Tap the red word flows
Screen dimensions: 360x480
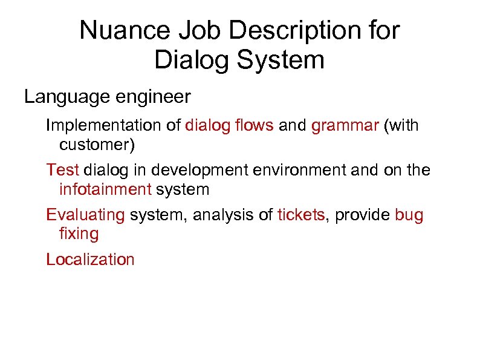point(253,126)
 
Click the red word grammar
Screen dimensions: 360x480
point(344,127)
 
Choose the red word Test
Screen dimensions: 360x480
point(63,171)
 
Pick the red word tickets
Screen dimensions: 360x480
point(301,215)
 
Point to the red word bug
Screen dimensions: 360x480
point(409,215)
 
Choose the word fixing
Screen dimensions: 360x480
point(79,234)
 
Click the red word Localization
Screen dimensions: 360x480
point(90,260)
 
